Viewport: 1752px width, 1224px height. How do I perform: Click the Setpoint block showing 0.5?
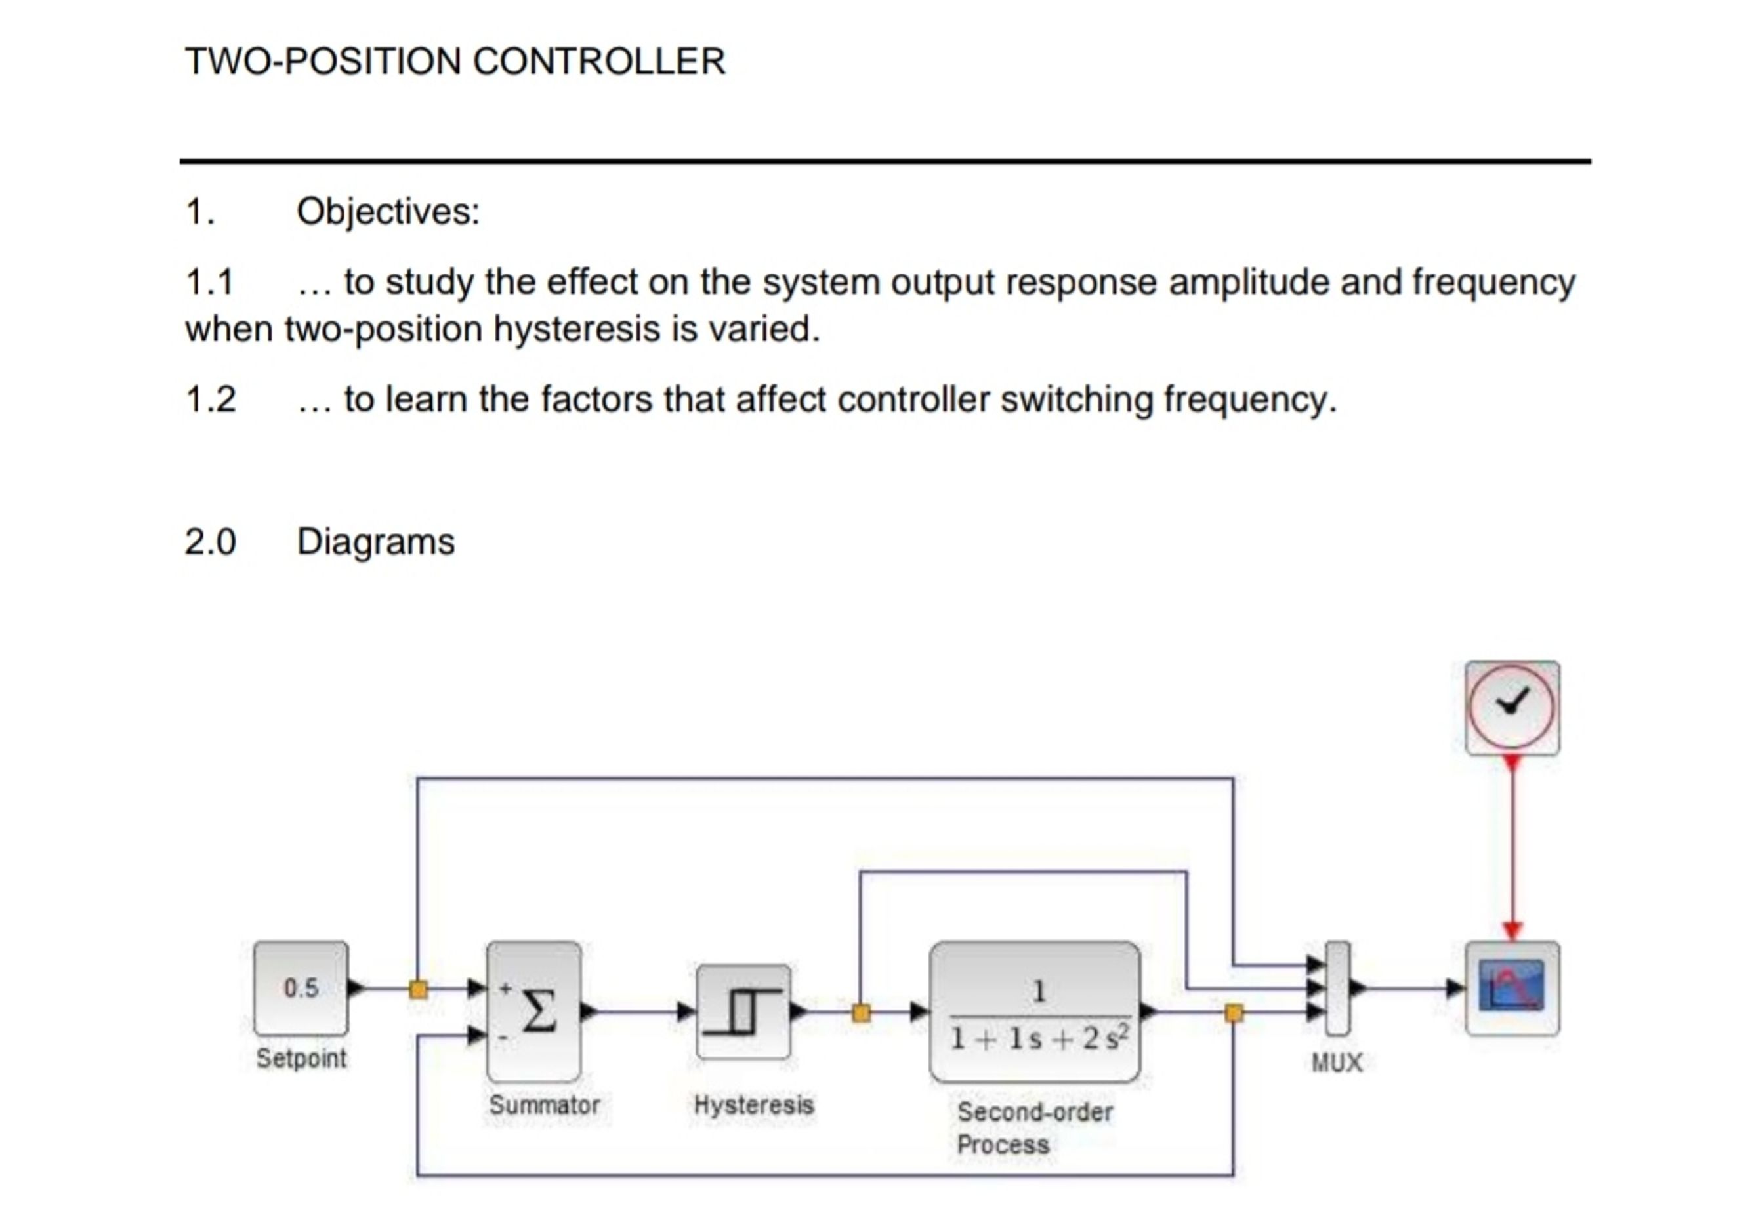[x=301, y=988]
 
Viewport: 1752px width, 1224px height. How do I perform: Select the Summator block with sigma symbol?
[x=534, y=1011]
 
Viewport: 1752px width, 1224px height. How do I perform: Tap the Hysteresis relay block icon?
[x=743, y=1011]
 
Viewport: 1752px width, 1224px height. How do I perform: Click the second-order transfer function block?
[x=1035, y=1012]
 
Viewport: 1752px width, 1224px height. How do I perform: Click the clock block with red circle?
[x=1512, y=707]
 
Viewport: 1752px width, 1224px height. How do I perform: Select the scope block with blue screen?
[x=1512, y=988]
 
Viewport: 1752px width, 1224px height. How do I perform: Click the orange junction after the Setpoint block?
[x=418, y=989]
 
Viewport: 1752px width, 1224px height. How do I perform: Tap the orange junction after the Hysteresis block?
[x=861, y=1013]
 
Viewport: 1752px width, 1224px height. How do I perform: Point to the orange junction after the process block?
[x=1233, y=1013]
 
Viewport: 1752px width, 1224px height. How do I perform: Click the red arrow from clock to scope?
[x=1512, y=847]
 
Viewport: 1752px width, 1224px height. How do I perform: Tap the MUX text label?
[x=1337, y=1063]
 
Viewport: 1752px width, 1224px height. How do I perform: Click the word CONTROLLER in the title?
[x=599, y=61]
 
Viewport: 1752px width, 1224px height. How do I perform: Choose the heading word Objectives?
[x=388, y=211]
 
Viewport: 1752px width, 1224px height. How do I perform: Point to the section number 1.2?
[x=211, y=399]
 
